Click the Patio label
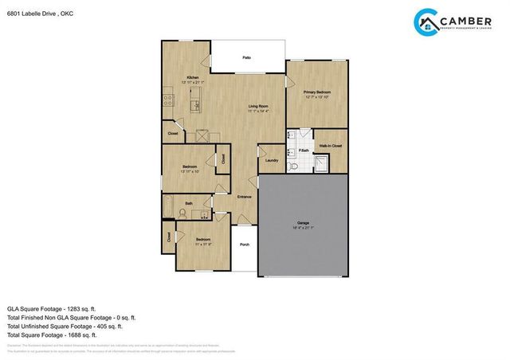247,59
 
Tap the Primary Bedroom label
316,92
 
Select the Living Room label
257,106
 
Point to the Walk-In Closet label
331,147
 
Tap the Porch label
244,245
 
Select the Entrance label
245,197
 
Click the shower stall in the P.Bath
320,164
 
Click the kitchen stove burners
168,100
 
